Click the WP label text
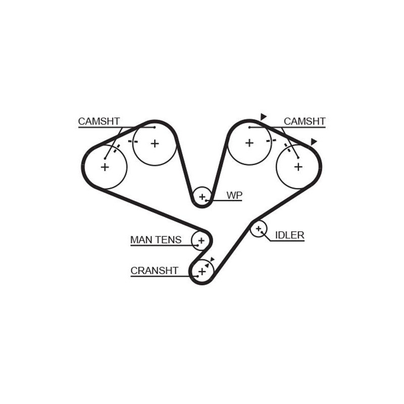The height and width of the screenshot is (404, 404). (x=234, y=195)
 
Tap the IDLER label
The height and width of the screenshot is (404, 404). (x=289, y=235)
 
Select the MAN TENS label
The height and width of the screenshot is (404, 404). (x=156, y=240)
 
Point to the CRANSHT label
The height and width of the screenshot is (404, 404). (x=155, y=271)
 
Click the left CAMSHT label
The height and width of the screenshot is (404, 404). (x=99, y=121)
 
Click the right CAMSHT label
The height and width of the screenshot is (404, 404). (x=305, y=121)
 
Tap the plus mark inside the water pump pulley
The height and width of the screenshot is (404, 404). (x=202, y=197)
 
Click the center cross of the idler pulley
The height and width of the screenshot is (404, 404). (x=259, y=229)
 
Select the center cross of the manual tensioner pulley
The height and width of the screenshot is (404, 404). (x=201, y=241)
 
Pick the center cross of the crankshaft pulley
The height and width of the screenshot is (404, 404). (x=202, y=272)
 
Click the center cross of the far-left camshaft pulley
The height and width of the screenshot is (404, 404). (x=105, y=167)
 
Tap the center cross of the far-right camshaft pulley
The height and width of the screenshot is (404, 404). (x=298, y=167)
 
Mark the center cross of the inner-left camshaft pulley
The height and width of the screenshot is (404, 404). (x=155, y=143)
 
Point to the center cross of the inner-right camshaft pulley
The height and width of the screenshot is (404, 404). (x=249, y=143)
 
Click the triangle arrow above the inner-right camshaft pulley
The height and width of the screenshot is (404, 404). (x=263, y=117)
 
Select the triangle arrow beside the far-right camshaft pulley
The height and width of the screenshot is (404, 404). (x=314, y=142)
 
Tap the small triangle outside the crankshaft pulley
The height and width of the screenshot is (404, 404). (x=212, y=259)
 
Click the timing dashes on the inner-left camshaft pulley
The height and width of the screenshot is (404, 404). (x=133, y=141)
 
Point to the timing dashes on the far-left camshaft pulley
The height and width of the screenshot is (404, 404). (x=117, y=148)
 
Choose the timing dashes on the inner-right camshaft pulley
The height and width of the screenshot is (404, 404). (x=271, y=141)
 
